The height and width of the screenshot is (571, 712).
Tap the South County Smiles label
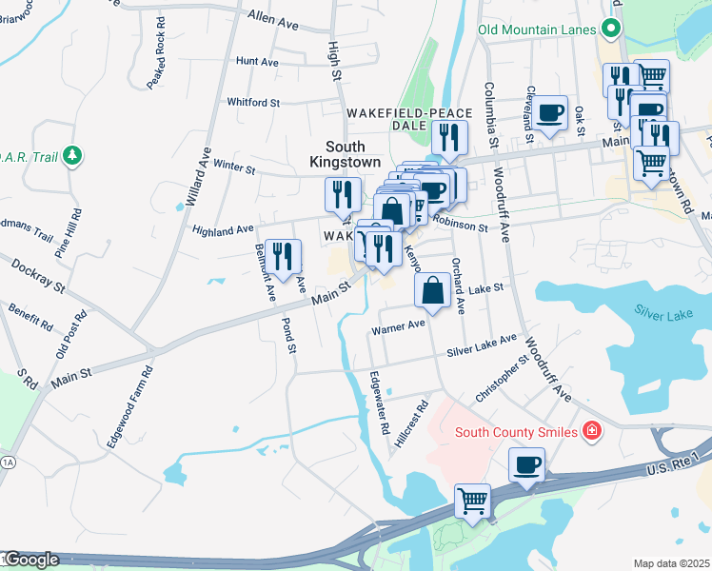click(516, 433)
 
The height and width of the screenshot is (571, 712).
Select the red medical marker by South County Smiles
click(593, 432)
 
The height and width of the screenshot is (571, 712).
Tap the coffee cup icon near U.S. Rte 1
click(526, 466)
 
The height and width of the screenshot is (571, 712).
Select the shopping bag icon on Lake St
click(432, 291)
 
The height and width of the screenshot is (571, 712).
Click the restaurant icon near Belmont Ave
click(283, 256)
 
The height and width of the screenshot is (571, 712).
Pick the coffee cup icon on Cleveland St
click(548, 113)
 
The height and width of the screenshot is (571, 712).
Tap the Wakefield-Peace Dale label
click(408, 118)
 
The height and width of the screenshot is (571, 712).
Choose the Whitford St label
click(253, 102)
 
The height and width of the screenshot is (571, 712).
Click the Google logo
click(31, 560)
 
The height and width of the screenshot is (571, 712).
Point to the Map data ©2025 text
click(671, 563)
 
